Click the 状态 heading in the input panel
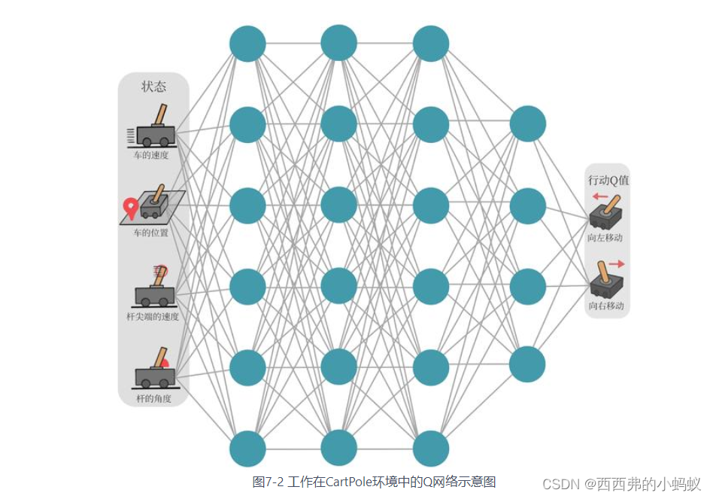coord(153,87)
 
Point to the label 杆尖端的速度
coord(153,317)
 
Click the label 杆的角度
coord(153,398)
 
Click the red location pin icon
coord(131,208)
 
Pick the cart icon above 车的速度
coord(154,129)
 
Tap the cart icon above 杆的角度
coord(154,369)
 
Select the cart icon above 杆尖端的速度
coord(155,289)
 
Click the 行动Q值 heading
coord(608,181)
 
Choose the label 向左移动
coord(605,238)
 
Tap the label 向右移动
coord(606,306)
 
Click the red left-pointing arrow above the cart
coord(601,196)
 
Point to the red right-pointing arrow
coord(617,264)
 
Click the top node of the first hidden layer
coord(247,43)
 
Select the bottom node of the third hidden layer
coord(431,449)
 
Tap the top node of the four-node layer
coord(527,123)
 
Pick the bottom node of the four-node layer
coord(527,364)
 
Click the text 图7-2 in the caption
coord(269,482)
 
